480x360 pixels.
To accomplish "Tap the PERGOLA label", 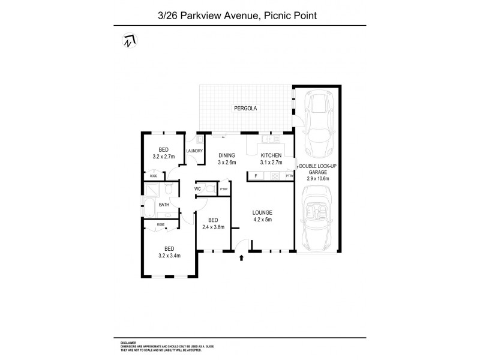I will coord(246,109).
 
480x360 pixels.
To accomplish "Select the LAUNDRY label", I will coord(194,151).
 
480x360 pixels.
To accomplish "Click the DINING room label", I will coord(226,155).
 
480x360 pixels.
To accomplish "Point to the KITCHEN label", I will coord(271,155).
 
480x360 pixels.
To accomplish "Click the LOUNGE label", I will coord(263,212).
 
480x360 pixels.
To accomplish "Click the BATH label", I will coord(164,205).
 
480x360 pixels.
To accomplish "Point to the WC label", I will coord(197,189).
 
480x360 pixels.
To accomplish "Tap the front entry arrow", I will coord(242,258).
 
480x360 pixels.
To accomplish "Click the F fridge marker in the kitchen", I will coord(256,176).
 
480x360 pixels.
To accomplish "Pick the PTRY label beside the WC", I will coord(223,190).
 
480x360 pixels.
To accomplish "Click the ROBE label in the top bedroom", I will coord(154,176).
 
